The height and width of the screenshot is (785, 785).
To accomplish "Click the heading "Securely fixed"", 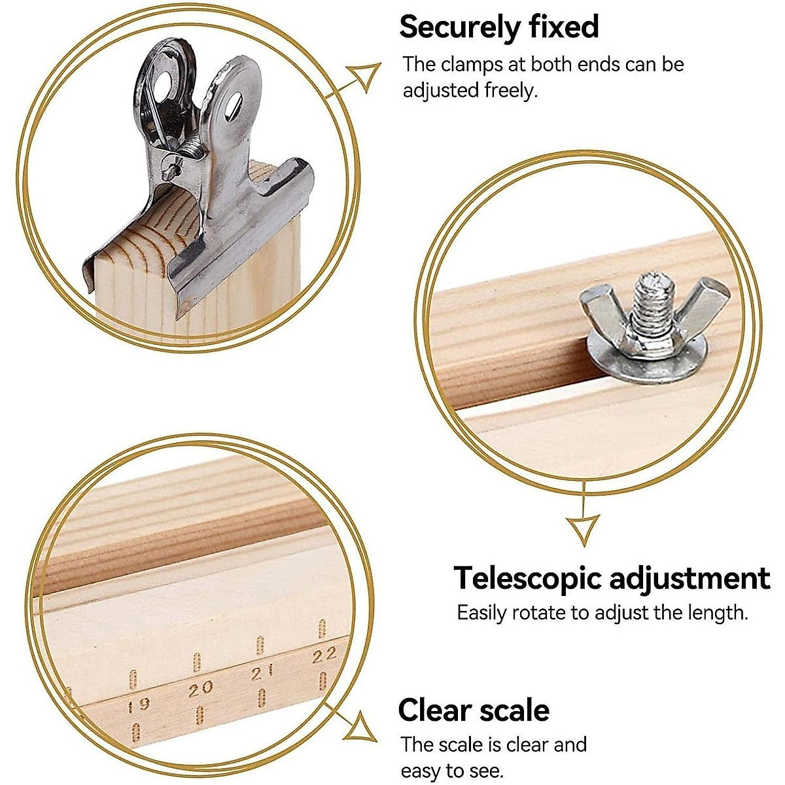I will (498, 27).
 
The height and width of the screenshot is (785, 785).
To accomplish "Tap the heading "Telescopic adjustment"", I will (612, 578).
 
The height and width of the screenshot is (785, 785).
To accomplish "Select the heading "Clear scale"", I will (474, 710).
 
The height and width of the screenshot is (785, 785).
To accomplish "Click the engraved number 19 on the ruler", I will (138, 705).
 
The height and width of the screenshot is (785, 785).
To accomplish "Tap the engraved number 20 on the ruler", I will (200, 688).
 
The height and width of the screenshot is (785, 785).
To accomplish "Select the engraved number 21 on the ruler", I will (262, 672).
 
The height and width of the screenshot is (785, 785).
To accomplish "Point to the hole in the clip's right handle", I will (233, 105).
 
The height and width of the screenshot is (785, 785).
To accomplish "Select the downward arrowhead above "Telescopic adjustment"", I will (583, 529).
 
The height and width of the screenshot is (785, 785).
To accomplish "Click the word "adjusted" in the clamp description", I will (440, 90).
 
